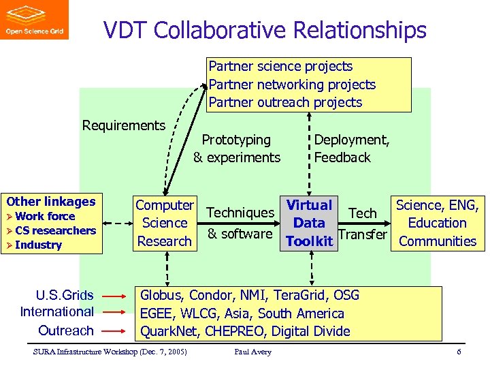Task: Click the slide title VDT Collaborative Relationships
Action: pyautogui.click(x=265, y=30)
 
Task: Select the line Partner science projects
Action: pyautogui.click(x=280, y=66)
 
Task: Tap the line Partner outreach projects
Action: pyautogui.click(x=285, y=102)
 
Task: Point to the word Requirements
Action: pyautogui.click(x=123, y=125)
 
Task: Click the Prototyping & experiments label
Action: pyautogui.click(x=237, y=149)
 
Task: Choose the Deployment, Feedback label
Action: pyautogui.click(x=351, y=149)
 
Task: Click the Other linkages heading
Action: pyautogui.click(x=51, y=201)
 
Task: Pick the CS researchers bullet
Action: pyautogui.click(x=55, y=230)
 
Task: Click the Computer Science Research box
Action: pyautogui.click(x=164, y=223)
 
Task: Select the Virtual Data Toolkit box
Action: pyautogui.click(x=309, y=223)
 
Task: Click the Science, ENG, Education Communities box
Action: pyautogui.click(x=437, y=223)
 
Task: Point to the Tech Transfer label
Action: pyautogui.click(x=362, y=224)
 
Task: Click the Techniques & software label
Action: pyautogui.click(x=240, y=224)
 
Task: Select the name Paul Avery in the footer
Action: pyautogui.click(x=252, y=352)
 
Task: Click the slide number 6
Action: pyautogui.click(x=459, y=352)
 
